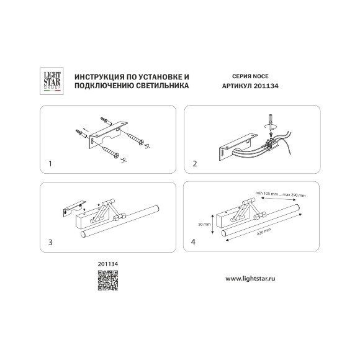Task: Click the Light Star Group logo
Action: point(52,81)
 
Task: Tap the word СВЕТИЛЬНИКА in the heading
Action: point(163,86)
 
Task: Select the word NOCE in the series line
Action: point(260,76)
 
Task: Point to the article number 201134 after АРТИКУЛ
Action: point(266,86)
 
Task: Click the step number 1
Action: point(50,164)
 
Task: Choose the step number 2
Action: point(195,164)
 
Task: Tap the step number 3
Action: point(50,242)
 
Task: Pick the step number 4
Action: point(193,242)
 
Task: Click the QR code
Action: point(108,281)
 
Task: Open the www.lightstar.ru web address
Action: point(250,279)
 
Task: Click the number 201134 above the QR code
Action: point(108,264)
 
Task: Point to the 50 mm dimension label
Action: point(204,224)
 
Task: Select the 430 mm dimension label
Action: point(264,232)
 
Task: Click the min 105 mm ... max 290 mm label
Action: point(281,194)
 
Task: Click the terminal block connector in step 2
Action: point(271,143)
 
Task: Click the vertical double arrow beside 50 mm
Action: point(213,224)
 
